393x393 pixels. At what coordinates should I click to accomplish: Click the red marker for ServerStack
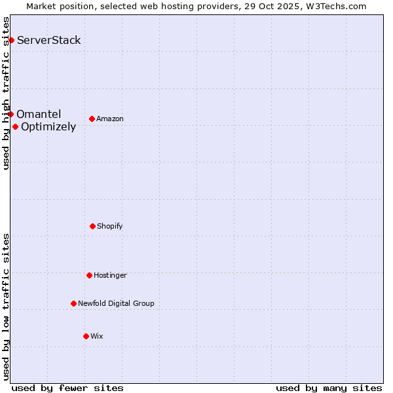click(x=11, y=41)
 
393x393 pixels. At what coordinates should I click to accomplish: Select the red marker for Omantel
click(x=10, y=115)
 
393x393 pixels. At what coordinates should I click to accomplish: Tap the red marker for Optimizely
click(x=15, y=127)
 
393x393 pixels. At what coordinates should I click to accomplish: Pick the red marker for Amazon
click(x=92, y=119)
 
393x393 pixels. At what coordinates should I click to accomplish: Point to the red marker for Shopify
click(x=92, y=227)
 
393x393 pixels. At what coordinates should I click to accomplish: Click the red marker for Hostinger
click(x=89, y=276)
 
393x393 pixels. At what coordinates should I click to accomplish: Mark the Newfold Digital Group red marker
click(x=73, y=304)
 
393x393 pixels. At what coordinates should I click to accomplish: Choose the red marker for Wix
click(x=86, y=337)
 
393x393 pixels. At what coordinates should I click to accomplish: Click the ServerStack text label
click(x=49, y=41)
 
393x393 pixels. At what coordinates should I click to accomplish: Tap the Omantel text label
click(x=39, y=115)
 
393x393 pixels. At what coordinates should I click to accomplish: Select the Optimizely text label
click(x=48, y=127)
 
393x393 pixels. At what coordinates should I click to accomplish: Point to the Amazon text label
click(x=110, y=119)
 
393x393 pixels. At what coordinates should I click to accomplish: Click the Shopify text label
click(x=110, y=227)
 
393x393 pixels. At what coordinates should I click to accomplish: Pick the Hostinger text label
click(x=110, y=276)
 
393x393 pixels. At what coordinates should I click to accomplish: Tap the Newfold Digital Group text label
click(x=116, y=304)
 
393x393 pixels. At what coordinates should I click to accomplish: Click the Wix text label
click(x=97, y=337)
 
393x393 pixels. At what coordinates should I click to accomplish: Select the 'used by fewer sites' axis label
click(x=67, y=388)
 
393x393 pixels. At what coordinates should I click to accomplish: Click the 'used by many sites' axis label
click(x=329, y=388)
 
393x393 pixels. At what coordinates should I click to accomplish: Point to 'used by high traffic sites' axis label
click(x=6, y=93)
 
